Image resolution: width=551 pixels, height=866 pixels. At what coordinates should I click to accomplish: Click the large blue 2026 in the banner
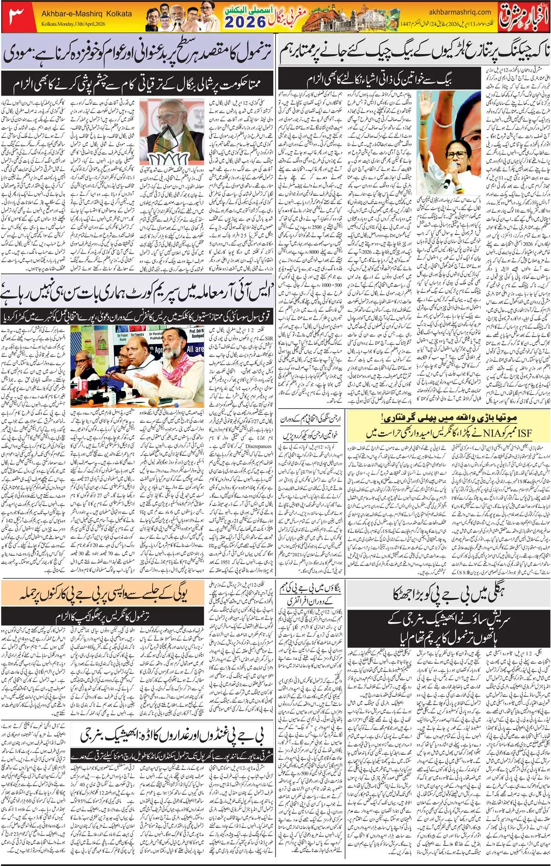pyautogui.click(x=246, y=21)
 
